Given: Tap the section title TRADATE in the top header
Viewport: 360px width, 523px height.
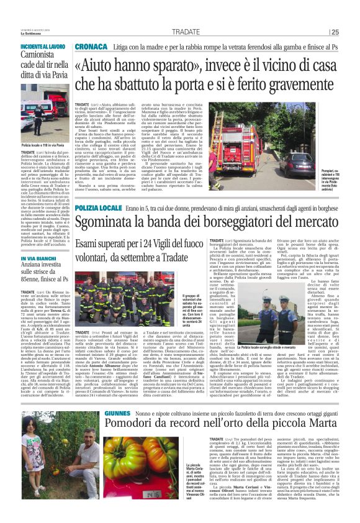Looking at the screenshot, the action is (x=186, y=32).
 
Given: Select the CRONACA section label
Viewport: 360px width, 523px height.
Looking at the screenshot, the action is (x=90, y=47).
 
